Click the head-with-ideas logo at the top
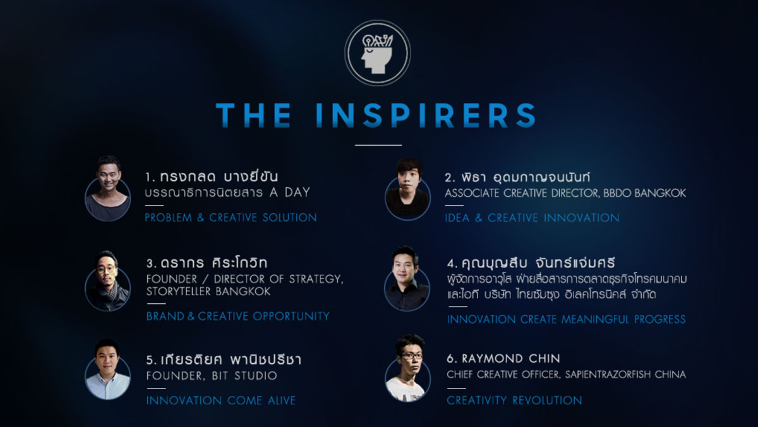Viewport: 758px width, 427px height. (378, 53)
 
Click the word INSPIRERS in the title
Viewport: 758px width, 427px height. (426, 115)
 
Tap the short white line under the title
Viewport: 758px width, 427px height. (378, 145)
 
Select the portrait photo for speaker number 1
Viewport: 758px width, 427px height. (107, 189)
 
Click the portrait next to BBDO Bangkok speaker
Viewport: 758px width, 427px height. (408, 189)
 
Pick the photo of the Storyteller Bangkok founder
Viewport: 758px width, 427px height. (107, 281)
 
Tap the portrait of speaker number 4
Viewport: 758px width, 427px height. (407, 278)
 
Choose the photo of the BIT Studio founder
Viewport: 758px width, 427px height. (107, 369)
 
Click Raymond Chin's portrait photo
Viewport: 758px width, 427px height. (408, 368)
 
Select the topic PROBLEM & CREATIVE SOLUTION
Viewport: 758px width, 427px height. (231, 218)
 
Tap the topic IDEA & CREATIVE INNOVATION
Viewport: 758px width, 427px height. (532, 218)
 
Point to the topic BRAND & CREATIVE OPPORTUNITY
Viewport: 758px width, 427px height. (238, 316)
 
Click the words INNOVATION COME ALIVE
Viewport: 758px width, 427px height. (221, 401)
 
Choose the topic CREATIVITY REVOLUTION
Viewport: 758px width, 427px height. (514, 401)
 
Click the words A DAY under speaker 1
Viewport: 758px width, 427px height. (290, 192)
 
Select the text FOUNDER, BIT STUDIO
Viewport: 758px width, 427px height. (212, 376)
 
